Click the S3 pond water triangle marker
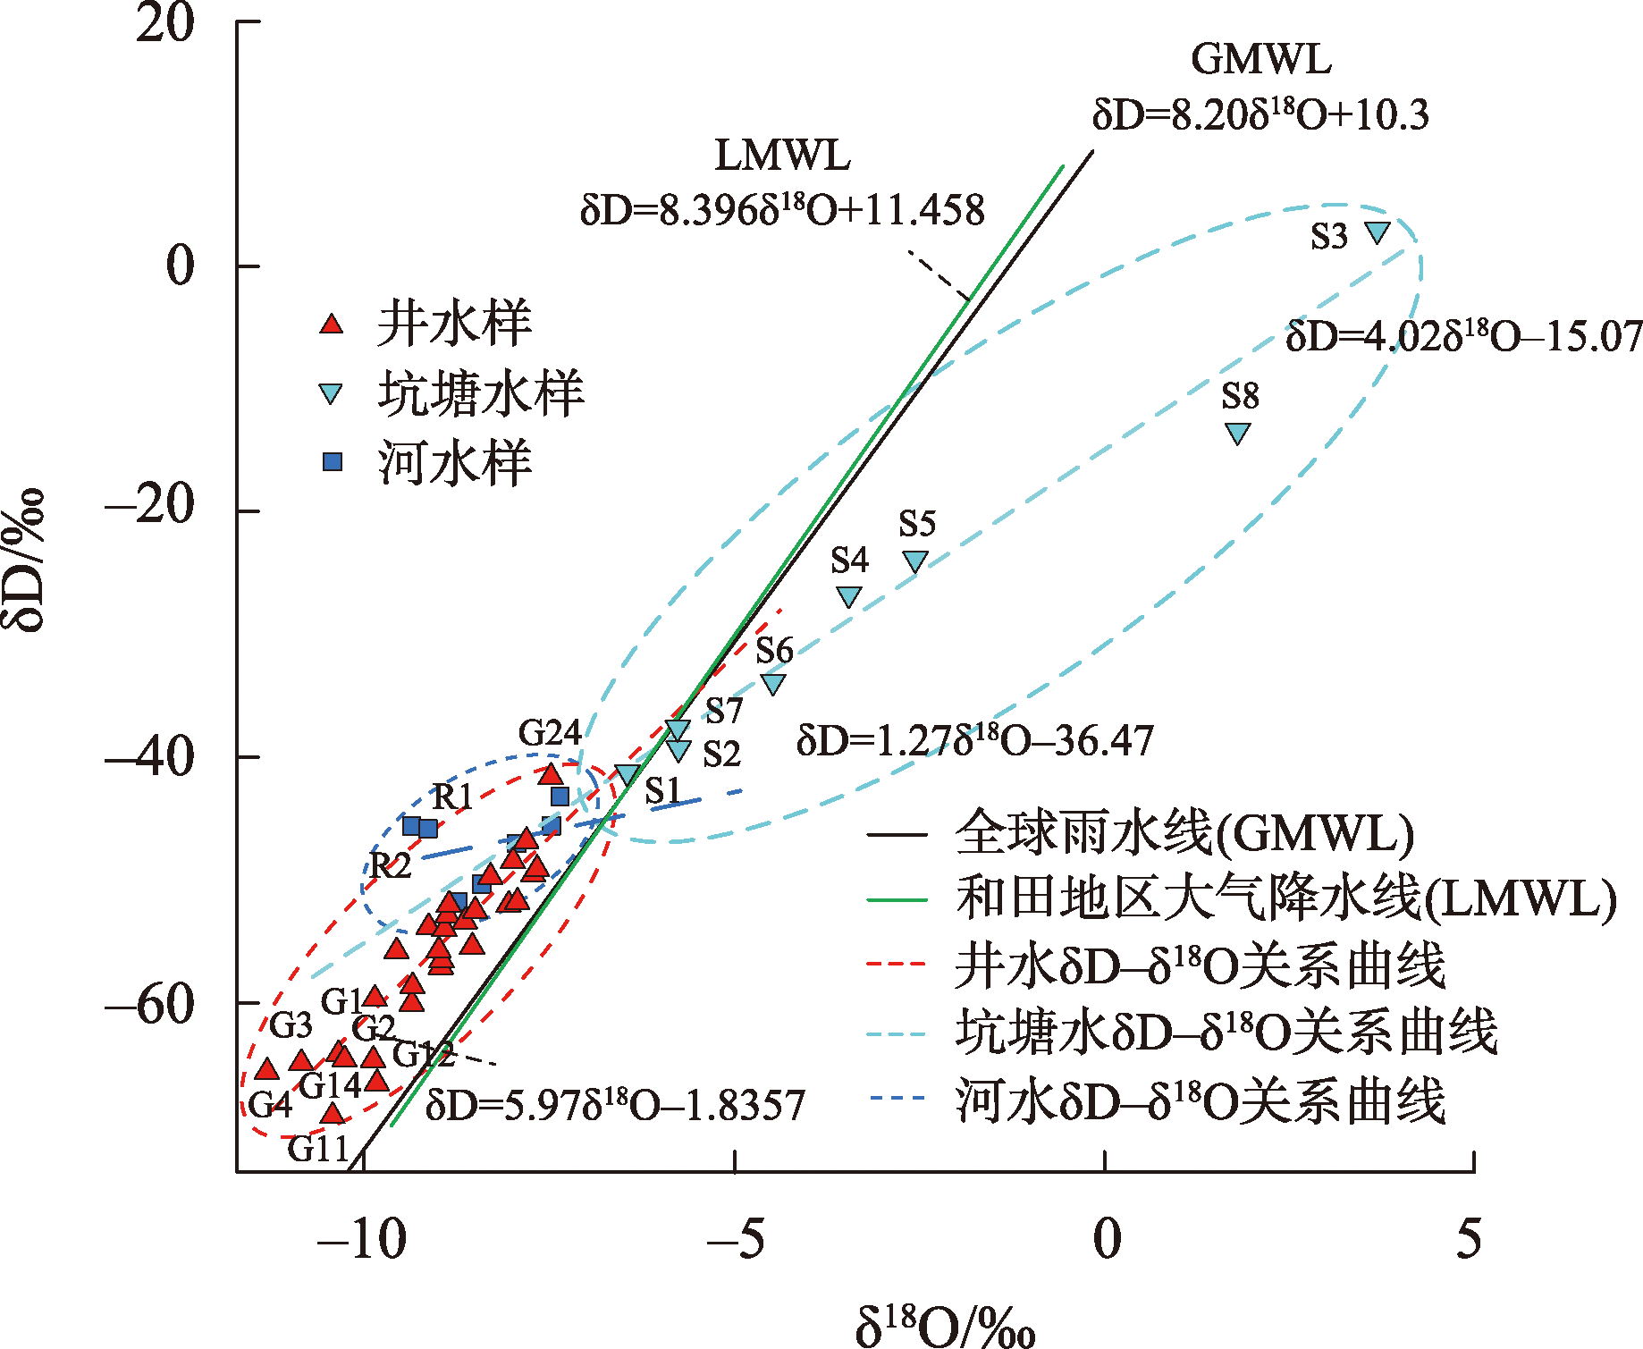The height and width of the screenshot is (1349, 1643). coord(1378,232)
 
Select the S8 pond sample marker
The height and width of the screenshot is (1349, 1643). coord(1237,433)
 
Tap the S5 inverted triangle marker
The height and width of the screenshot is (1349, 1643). coord(915,561)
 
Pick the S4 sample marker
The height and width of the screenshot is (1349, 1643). coord(848,596)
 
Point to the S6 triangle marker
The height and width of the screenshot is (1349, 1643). coord(773,684)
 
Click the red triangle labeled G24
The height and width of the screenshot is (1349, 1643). coord(551,774)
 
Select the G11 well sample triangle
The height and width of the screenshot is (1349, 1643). coord(333,1114)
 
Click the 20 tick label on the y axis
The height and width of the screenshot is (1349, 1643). coord(165,24)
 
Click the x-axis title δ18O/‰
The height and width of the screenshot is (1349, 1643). coord(945,1325)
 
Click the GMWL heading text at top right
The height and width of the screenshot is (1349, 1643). coord(1260,60)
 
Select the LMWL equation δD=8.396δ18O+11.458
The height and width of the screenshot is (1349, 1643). coord(782,211)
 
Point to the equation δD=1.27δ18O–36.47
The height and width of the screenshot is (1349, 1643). coord(974,741)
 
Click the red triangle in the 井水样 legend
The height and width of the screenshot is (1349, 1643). coord(332,324)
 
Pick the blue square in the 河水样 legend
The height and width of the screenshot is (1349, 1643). coord(333,461)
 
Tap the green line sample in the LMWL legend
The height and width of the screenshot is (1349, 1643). coord(897,899)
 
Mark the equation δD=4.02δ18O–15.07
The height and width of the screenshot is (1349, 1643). coord(1463,337)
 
